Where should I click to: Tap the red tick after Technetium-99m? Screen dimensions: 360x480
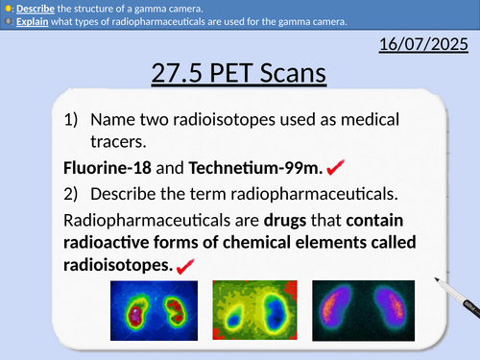click(x=336, y=167)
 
